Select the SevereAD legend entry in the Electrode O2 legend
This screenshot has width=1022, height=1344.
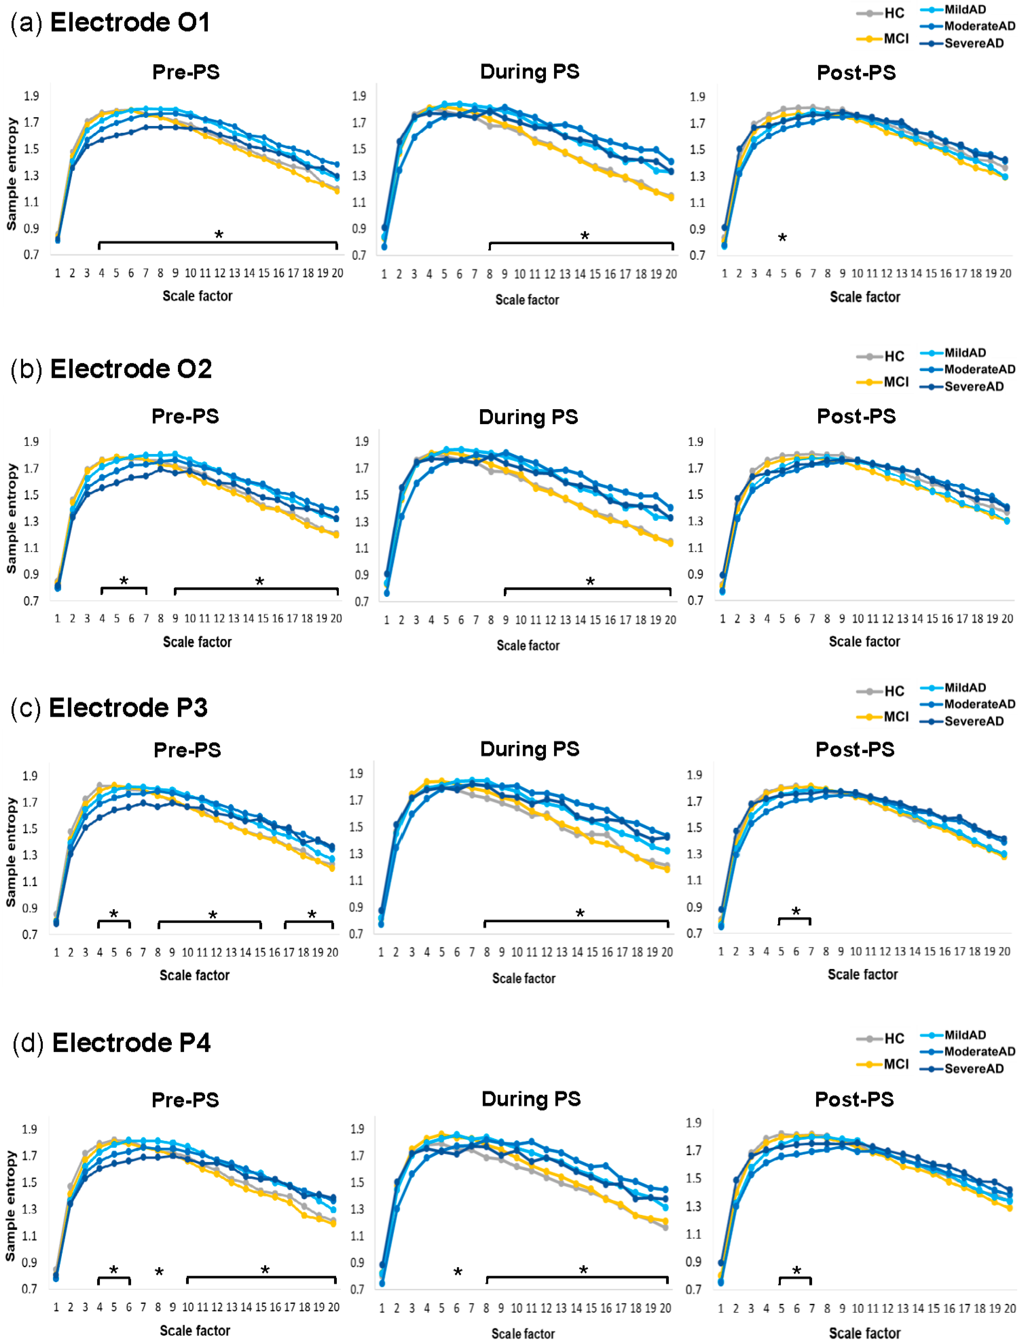pos(973,386)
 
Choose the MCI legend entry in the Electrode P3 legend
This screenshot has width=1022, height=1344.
pos(895,717)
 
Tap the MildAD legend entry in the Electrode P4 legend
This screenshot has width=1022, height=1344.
pos(965,1035)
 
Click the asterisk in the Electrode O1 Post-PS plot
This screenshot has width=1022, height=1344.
pos(782,238)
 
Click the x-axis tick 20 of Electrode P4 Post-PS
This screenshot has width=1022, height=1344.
pos(1009,1307)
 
